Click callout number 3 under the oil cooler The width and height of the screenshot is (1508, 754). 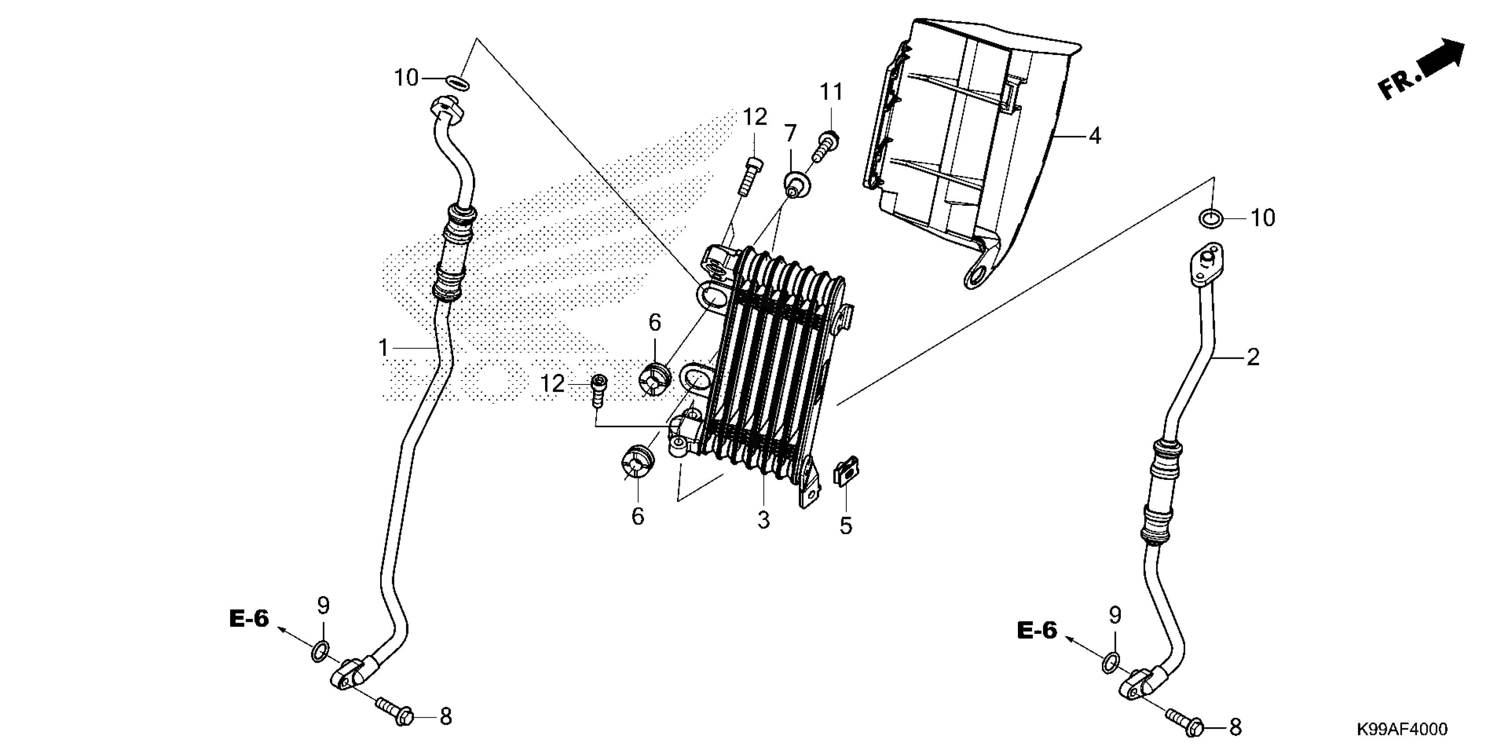763,520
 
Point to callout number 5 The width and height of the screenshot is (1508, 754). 846,526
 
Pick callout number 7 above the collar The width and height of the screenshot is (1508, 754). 790,134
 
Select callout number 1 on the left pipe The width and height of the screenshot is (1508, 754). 384,348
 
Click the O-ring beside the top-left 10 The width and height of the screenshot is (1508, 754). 457,83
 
